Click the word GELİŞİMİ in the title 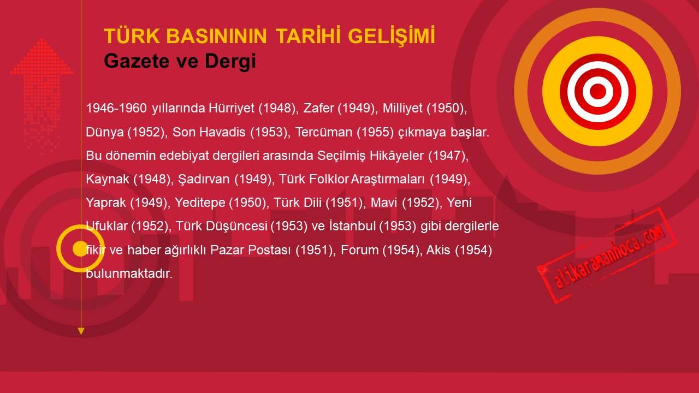click(392, 36)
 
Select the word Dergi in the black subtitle click(230, 61)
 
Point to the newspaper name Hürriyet click(232, 109)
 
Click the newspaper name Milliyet click(402, 108)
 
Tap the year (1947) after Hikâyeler click(448, 156)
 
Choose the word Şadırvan click(204, 180)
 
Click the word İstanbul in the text click(352, 226)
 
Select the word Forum click(359, 250)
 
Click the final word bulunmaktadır click(129, 273)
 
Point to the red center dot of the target click(597, 91)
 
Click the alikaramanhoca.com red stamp click(607, 255)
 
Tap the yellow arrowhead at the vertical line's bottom click(81, 331)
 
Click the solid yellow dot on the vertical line click(80, 248)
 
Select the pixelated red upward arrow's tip click(42, 39)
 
